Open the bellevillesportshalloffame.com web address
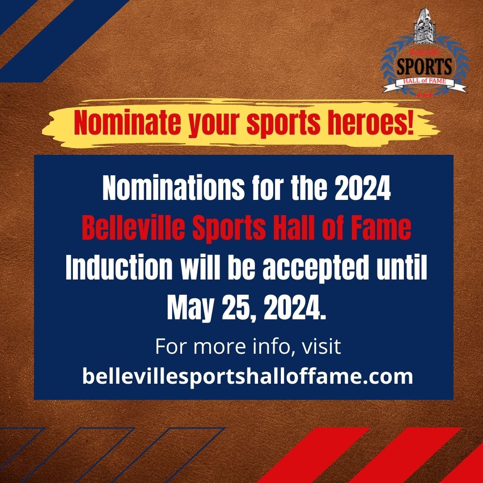tap(247, 376)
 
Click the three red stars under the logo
tap(424, 95)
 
